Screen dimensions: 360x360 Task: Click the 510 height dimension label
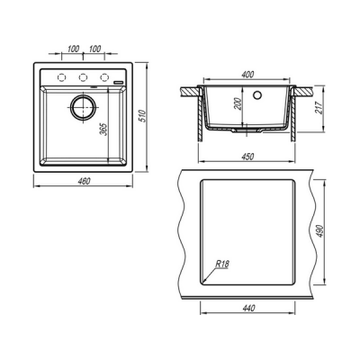point(143,116)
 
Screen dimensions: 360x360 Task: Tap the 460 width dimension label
point(84,181)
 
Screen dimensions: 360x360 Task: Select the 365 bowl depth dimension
point(103,129)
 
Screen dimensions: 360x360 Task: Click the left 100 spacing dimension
point(73,49)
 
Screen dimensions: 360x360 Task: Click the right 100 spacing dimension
point(94,49)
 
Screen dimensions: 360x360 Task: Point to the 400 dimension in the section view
point(247,74)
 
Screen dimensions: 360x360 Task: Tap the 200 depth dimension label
point(238,104)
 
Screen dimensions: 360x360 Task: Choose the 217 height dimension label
point(319,108)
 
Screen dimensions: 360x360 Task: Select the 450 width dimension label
point(247,157)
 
